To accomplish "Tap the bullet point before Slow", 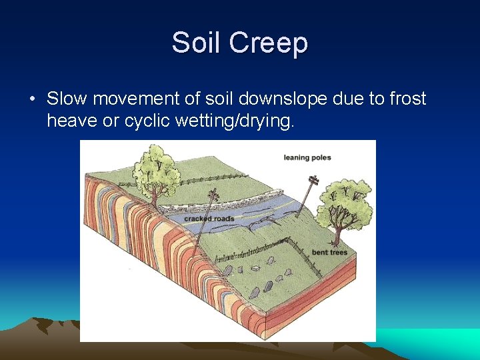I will pyautogui.click(x=32, y=100).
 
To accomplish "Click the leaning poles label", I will pyautogui.click(x=307, y=157).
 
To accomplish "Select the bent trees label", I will pyautogui.click(x=329, y=252).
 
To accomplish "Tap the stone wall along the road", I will pyautogui.click(x=220, y=203).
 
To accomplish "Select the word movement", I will pyautogui.click(x=136, y=99).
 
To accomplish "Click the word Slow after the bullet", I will pyautogui.click(x=67, y=99).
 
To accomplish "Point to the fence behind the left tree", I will pyautogui.click(x=200, y=179).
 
